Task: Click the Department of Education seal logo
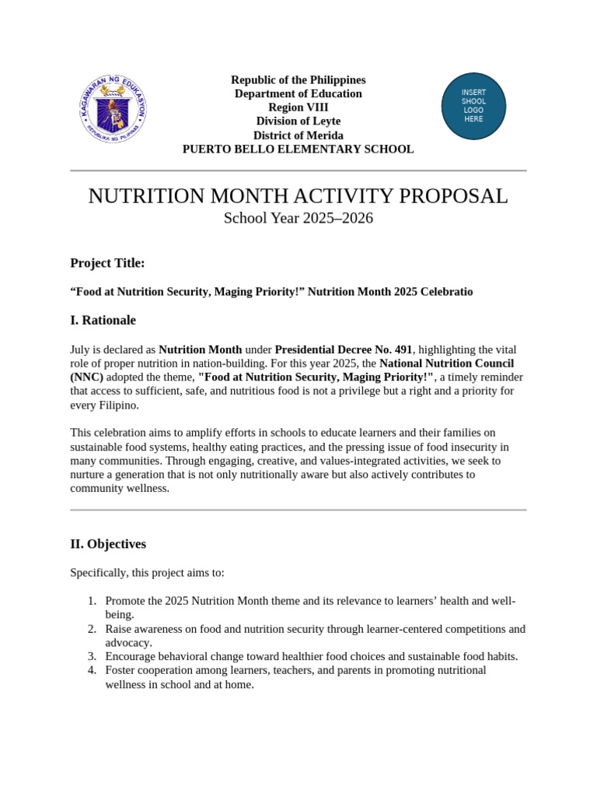(113, 108)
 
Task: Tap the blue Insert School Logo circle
(473, 106)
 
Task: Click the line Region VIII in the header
(298, 107)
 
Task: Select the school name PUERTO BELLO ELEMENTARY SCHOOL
(298, 149)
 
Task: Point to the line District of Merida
(298, 135)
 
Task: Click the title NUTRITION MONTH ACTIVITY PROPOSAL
(298, 196)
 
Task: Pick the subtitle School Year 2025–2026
(298, 219)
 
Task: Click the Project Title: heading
(107, 263)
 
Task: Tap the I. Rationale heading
(103, 320)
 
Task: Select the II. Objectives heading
(108, 544)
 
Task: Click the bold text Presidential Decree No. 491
(343, 349)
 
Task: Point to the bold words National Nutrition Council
(446, 363)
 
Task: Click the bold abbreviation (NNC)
(86, 377)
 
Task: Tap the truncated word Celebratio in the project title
(445, 292)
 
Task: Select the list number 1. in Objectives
(92, 601)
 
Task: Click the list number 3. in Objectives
(92, 656)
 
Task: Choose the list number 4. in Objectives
(92, 670)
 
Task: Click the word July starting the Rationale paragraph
(81, 349)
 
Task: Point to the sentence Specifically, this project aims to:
(147, 573)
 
